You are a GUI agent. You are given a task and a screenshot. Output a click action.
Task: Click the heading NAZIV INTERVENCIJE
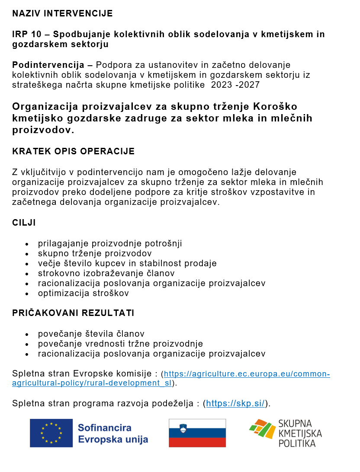62,13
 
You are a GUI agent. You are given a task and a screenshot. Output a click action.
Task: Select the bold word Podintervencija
48,65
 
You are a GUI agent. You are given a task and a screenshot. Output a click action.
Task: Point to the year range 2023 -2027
235,85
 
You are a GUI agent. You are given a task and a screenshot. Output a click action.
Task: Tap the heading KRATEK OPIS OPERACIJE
73,151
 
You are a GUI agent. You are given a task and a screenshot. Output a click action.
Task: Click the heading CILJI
24,223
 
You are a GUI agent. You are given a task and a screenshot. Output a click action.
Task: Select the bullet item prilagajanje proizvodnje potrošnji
110,243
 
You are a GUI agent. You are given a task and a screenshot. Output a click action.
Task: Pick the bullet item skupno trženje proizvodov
95,253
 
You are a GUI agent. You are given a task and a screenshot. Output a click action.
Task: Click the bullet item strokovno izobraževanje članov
106,273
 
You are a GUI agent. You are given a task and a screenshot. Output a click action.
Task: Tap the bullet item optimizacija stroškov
83,293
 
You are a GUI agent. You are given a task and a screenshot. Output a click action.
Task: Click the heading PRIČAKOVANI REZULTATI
73,313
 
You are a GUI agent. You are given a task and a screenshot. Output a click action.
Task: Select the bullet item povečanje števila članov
91,334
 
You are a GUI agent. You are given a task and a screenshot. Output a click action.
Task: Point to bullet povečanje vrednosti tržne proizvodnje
120,344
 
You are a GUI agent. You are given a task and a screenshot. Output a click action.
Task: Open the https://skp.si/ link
235,404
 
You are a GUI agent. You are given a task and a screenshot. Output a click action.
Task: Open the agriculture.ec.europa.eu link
247,374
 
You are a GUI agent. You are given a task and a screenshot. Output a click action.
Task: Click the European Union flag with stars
51,433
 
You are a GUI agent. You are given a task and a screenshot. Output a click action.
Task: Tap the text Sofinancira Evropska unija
113,434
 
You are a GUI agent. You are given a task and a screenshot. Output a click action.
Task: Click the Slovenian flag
197,433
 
